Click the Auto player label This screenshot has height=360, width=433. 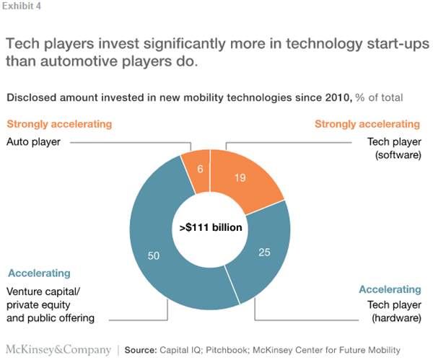coord(34,142)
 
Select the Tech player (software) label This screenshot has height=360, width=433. coord(390,148)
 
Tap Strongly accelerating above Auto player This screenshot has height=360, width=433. coord(59,124)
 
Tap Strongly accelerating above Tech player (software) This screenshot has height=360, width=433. coord(367,124)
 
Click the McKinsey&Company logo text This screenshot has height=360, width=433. coord(58,349)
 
